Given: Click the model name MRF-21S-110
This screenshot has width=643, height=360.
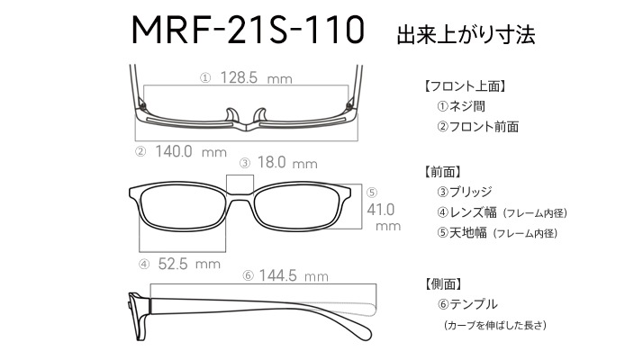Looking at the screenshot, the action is (x=248, y=30).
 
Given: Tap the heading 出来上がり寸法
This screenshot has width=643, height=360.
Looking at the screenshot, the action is (x=466, y=35).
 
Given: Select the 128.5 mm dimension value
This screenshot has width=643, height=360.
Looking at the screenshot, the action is (x=257, y=77).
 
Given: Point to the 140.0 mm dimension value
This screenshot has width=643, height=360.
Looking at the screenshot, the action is (x=191, y=152).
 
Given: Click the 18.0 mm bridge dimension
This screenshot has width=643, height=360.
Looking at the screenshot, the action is (x=287, y=163).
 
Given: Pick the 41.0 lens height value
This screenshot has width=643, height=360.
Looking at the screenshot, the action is (x=381, y=210).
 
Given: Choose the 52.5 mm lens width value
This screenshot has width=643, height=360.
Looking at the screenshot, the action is (x=189, y=264).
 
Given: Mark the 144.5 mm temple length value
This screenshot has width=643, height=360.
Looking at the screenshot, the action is (x=294, y=275).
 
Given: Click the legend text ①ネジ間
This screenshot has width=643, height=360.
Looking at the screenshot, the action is (x=461, y=106).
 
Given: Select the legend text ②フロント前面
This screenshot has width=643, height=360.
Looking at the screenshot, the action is (x=477, y=127).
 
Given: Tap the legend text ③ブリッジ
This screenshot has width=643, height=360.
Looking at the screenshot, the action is (x=464, y=192).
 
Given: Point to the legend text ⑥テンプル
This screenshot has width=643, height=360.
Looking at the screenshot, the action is (x=467, y=304).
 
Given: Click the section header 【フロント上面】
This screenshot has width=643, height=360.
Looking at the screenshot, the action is (x=464, y=86).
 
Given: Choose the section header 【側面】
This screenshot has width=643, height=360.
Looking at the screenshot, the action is (x=443, y=283).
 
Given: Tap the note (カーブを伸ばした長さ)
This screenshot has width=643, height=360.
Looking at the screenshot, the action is (x=495, y=325).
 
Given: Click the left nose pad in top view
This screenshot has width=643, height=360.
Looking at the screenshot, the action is (x=231, y=115).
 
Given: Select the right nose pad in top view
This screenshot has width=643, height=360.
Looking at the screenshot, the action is (x=260, y=115).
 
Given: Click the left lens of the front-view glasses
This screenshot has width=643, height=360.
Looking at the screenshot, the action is (x=183, y=208).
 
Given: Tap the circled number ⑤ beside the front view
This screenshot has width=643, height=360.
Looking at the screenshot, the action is (x=372, y=193).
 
